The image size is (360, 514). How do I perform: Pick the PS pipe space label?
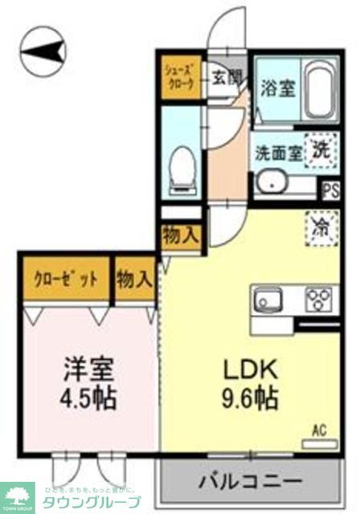[x=329, y=190]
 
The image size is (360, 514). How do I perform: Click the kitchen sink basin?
[x=268, y=302]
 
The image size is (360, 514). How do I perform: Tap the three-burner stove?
[x=319, y=301]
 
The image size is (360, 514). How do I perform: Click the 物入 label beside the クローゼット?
[x=134, y=279]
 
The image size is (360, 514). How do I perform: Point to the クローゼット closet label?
[x=66, y=279]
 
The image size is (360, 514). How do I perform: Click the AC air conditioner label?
[x=318, y=430]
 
